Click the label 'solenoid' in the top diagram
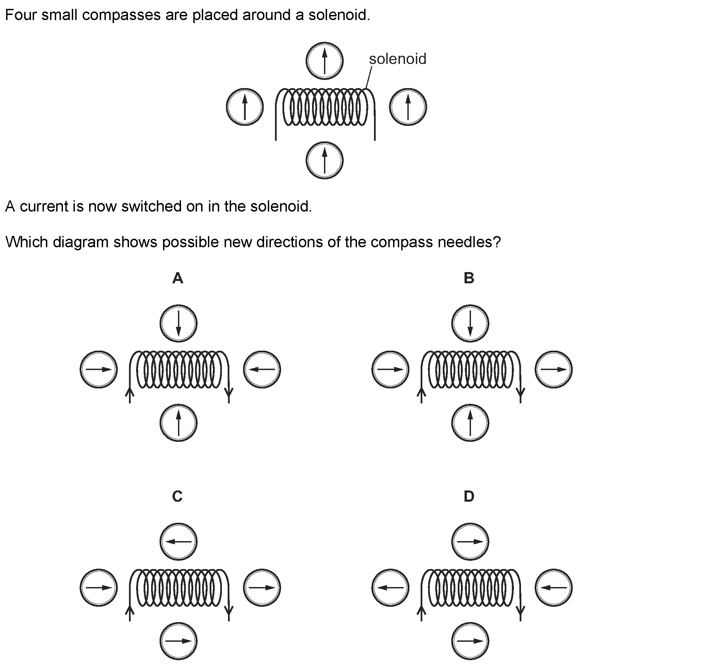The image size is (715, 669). pyautogui.click(x=397, y=59)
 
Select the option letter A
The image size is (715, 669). pyautogui.click(x=178, y=278)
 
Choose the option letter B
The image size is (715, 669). pyautogui.click(x=469, y=278)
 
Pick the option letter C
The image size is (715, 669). pyautogui.click(x=177, y=497)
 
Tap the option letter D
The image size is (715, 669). pyautogui.click(x=469, y=497)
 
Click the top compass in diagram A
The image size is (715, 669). pyautogui.click(x=178, y=323)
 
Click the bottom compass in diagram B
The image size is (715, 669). pyautogui.click(x=470, y=423)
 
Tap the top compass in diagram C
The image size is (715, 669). pyautogui.click(x=178, y=542)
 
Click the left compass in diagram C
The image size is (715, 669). pyautogui.click(x=99, y=588)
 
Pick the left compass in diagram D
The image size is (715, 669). pyautogui.click(x=390, y=588)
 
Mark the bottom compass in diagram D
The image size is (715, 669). pyautogui.click(x=470, y=641)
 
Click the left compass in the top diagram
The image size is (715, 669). pyautogui.click(x=245, y=107)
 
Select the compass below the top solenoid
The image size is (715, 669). pyautogui.click(x=324, y=160)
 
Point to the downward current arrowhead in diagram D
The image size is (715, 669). pyautogui.click(x=520, y=610)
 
